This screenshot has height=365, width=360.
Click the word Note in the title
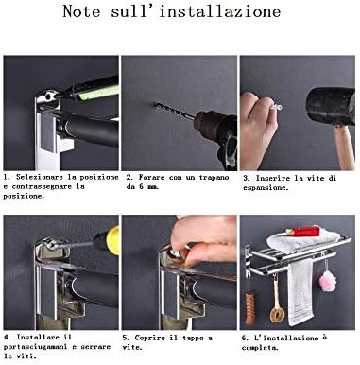point(81,11)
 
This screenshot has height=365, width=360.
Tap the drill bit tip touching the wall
point(155,103)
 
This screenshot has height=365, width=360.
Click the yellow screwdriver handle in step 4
point(112,240)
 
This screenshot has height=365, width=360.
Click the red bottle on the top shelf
point(301,231)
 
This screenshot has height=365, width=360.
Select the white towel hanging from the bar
point(300,291)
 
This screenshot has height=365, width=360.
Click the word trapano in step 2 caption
point(214,177)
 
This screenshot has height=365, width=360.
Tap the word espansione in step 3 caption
point(266,188)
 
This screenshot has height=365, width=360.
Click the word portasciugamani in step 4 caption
point(35,347)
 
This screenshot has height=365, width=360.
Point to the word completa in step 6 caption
point(260,348)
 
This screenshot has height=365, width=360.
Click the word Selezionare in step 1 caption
point(40,177)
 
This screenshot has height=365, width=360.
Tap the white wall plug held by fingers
point(275,107)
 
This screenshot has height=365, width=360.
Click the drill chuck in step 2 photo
point(205,122)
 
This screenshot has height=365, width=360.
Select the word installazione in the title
point(219,11)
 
